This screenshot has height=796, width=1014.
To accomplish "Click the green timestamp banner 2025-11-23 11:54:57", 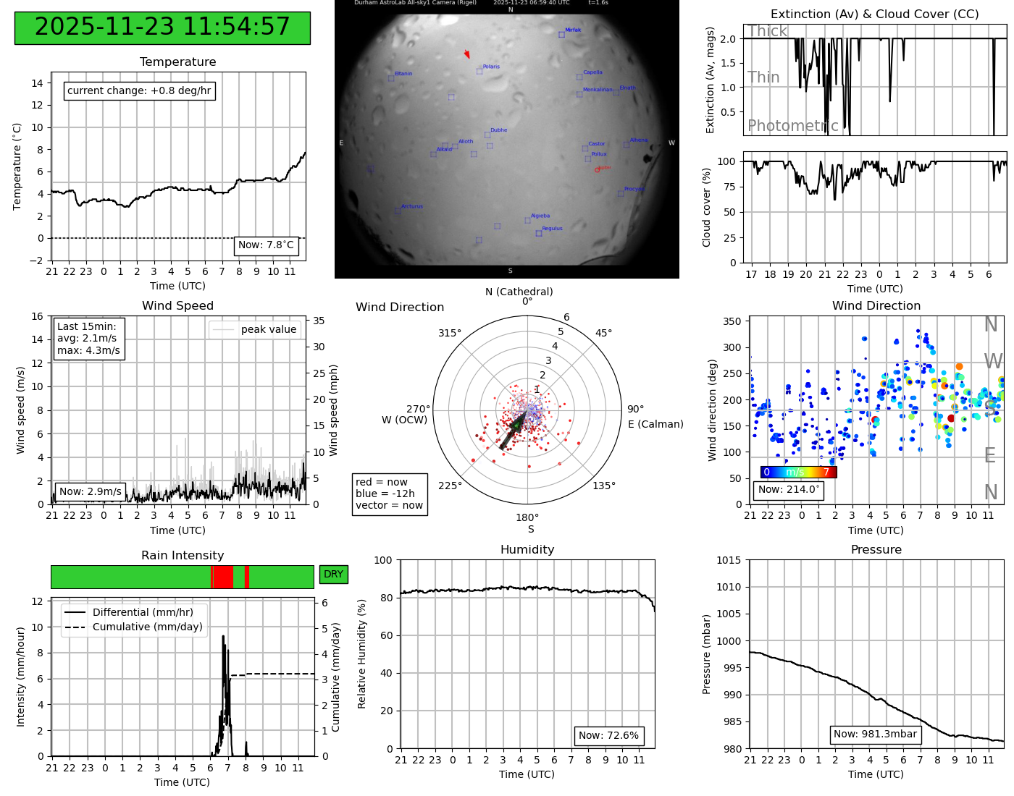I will (x=162, y=27).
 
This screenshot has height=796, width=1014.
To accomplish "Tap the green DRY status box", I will (x=333, y=575).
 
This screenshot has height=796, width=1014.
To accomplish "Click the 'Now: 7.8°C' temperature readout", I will (x=266, y=245).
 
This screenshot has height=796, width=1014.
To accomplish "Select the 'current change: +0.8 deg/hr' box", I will (x=139, y=91).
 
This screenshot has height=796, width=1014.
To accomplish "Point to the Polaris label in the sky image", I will (x=491, y=67).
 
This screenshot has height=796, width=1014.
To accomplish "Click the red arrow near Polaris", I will (x=467, y=54).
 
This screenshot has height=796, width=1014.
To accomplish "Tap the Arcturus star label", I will (x=412, y=207).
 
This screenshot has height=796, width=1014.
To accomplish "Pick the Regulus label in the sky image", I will (x=552, y=229).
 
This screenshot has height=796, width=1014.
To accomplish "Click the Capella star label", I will (x=592, y=72).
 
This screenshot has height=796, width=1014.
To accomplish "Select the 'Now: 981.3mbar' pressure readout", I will (x=875, y=734).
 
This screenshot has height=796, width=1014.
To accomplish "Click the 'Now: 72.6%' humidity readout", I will (x=608, y=736).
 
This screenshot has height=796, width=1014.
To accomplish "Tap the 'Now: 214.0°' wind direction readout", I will (x=789, y=490).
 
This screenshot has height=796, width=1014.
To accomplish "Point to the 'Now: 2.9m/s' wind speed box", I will (x=91, y=492).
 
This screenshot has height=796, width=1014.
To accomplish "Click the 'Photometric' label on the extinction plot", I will (x=792, y=126).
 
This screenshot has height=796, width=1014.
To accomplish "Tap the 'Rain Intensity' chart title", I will (x=183, y=556).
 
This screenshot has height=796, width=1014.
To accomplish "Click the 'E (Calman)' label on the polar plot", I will (x=655, y=424).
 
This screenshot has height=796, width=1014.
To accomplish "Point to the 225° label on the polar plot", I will (x=450, y=486).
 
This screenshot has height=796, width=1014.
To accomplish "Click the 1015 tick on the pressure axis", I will (x=729, y=560).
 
